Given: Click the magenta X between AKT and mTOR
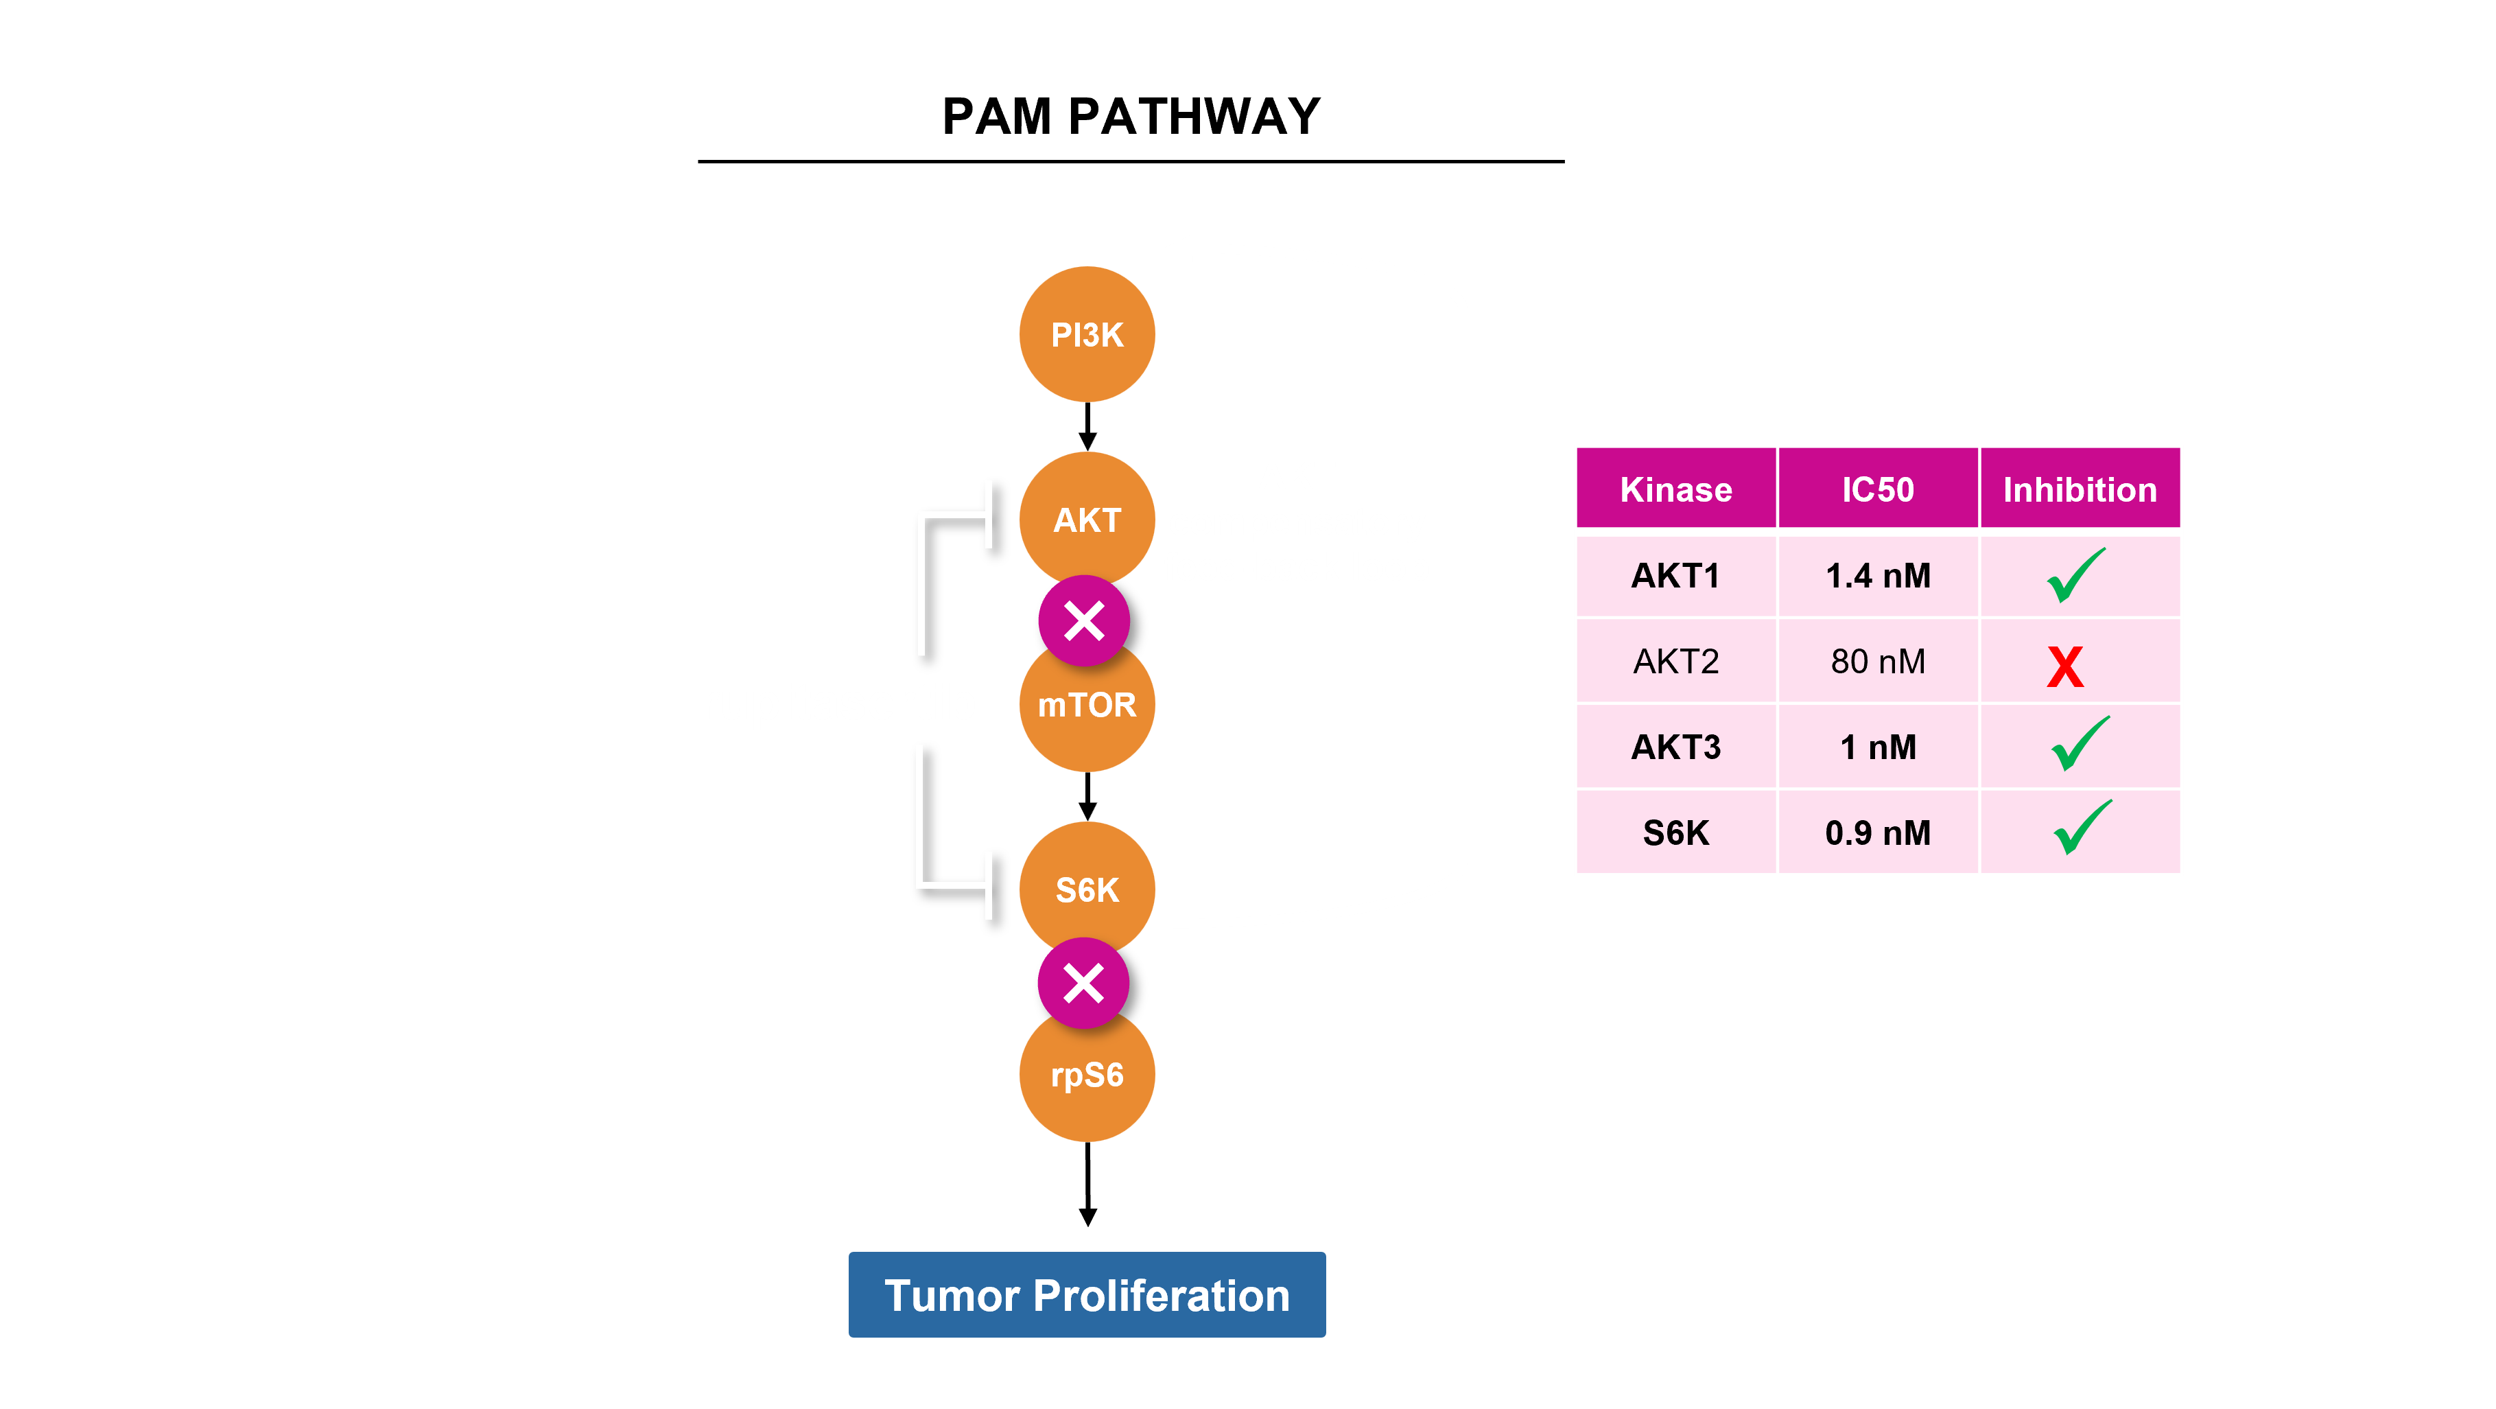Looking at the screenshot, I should coord(1084,621).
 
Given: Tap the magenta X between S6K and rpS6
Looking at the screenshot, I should coord(1083,983).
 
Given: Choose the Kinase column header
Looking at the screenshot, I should coord(1675,489).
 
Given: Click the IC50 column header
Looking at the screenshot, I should coord(1877,489).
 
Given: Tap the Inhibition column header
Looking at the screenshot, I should coord(2080,489).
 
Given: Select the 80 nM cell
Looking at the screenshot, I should coord(1877,661).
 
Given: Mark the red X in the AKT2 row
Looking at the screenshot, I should coord(2065,666).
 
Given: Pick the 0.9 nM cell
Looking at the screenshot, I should coord(1877,832).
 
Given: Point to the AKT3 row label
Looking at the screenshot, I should coord(1675,747).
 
